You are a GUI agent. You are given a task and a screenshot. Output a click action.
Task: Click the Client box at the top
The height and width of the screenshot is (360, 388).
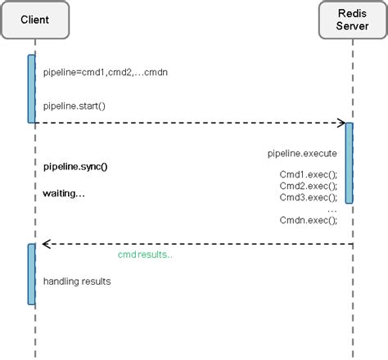(33, 18)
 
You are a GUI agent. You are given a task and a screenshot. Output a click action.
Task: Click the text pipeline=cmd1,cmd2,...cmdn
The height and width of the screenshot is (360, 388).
(106, 72)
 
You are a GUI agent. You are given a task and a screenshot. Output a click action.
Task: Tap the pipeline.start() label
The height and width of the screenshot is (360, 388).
(74, 106)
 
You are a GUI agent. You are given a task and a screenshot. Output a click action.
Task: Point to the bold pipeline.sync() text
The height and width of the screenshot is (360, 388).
(75, 167)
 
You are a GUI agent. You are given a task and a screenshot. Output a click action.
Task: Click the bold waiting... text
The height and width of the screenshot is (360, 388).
(64, 194)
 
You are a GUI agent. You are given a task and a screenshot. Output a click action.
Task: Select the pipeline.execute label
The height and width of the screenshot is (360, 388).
(302, 153)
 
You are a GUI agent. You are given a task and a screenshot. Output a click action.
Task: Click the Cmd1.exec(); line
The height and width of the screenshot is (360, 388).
(308, 174)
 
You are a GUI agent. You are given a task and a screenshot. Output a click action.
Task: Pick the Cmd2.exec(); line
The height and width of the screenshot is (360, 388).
(308, 186)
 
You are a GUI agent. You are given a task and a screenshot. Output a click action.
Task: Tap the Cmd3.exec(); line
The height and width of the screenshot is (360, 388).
(308, 197)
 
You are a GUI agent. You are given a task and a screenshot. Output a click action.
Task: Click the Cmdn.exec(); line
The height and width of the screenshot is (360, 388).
(308, 220)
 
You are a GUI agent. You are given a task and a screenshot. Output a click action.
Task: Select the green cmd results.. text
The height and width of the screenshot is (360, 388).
(145, 254)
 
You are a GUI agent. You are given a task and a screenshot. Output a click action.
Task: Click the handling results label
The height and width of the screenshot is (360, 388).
(77, 281)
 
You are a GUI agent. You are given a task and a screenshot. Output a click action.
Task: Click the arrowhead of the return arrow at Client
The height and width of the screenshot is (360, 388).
(47, 243)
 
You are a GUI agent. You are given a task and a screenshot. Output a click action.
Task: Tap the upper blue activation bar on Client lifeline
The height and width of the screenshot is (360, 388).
(32, 88)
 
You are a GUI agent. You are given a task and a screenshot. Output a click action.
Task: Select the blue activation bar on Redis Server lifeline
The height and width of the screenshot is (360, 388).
(350, 162)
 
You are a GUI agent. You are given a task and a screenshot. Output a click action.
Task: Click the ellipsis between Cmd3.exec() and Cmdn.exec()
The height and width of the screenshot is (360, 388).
(332, 209)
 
